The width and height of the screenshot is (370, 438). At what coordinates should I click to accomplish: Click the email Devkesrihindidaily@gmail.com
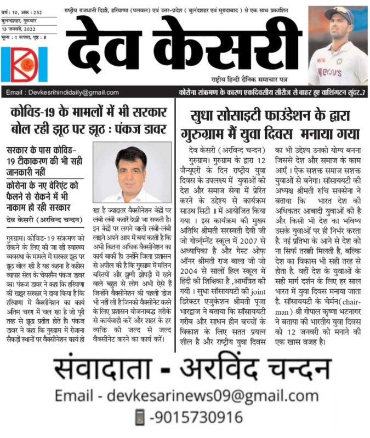tap(62, 93)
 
